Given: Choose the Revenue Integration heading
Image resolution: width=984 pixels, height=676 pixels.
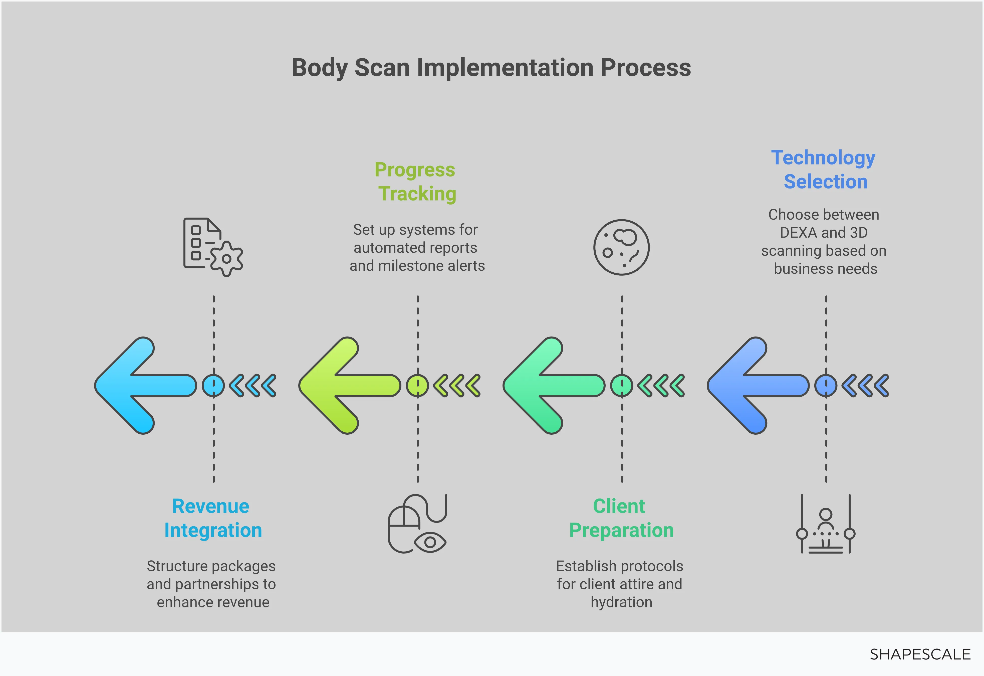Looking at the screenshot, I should (x=212, y=518).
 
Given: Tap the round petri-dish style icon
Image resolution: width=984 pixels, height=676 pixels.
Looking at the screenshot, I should (x=621, y=247).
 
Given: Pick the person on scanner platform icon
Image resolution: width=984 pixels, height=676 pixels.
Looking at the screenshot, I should (x=825, y=524).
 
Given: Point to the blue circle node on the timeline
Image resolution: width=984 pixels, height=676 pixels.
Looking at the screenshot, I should (x=826, y=385).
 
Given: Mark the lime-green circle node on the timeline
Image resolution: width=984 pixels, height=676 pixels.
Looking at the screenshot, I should (x=417, y=385).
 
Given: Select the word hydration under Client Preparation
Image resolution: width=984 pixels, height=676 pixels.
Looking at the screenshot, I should (x=621, y=602).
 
